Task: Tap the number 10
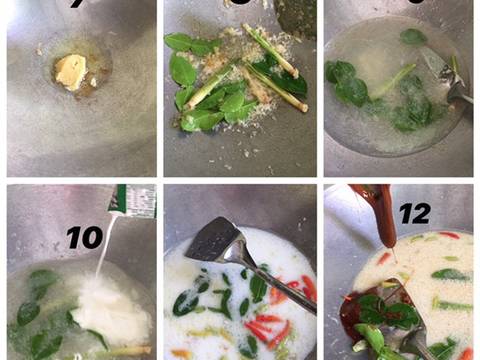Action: pos(84,238)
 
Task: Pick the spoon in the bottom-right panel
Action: pos(415,335)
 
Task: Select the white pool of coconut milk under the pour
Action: pos(110,310)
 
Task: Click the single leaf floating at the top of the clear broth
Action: pos(412,37)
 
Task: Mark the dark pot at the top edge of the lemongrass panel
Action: pos(296,15)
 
